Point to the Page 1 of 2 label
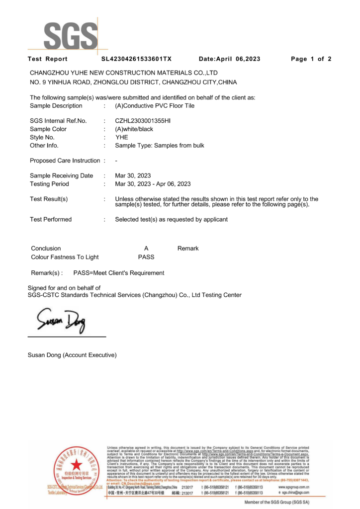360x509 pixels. (311, 59)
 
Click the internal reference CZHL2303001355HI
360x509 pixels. (143, 121)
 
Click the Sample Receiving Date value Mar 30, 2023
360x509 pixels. (133, 175)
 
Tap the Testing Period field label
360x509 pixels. (49, 184)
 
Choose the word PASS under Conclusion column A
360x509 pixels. (146, 257)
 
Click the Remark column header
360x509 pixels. (188, 249)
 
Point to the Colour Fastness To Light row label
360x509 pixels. (65, 257)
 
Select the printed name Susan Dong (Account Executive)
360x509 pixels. (72, 355)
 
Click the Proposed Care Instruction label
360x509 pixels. (65, 161)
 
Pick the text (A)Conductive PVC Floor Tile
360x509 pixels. (155, 106)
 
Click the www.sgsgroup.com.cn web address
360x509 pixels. (293, 487)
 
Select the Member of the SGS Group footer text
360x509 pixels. (276, 503)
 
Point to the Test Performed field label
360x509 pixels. (51, 219)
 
